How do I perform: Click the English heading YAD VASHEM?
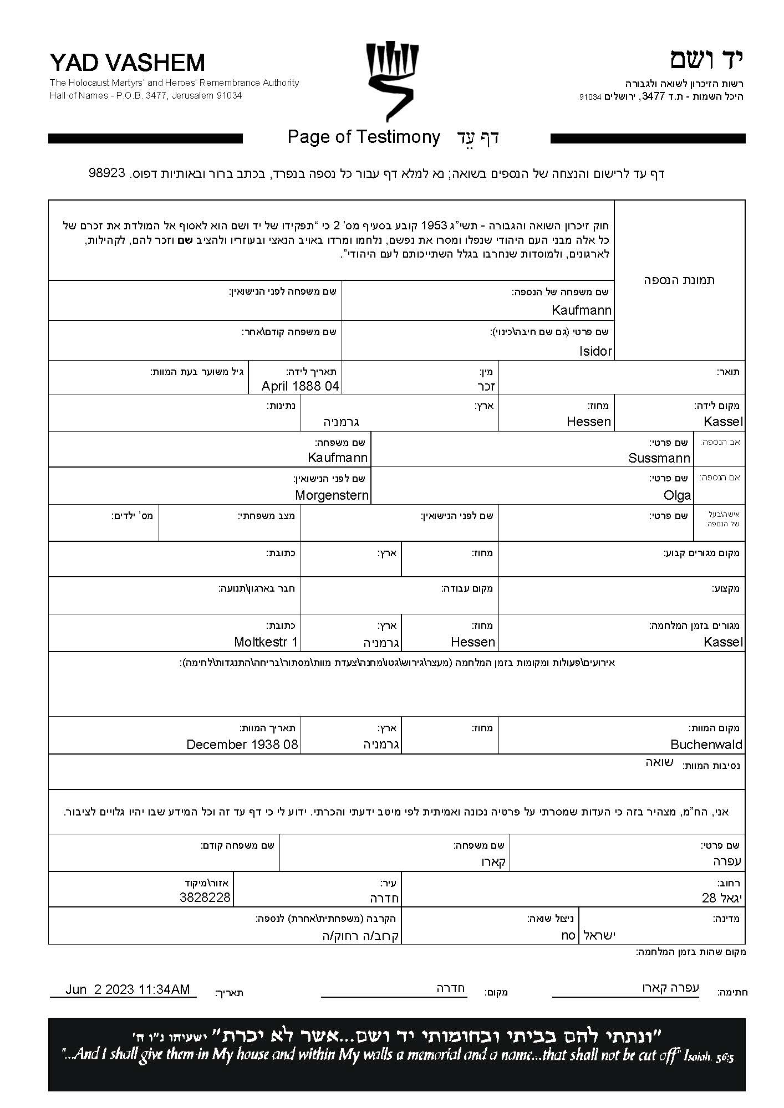[x=127, y=63]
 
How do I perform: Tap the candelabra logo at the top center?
[x=392, y=80]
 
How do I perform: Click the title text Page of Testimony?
[x=364, y=137]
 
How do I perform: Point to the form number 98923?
[x=106, y=173]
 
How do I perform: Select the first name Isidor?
[x=595, y=351]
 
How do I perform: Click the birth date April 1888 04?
[x=300, y=386]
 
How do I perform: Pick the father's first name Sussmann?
[x=659, y=458]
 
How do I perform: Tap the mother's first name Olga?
[x=677, y=495]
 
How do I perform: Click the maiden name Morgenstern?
[x=332, y=495]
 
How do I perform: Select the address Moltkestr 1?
[x=266, y=642]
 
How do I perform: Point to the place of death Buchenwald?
[x=706, y=745]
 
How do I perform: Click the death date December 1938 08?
[x=242, y=745]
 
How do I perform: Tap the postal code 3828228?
[x=205, y=897]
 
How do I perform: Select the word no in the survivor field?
[x=568, y=935]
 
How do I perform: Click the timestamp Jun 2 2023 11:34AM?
[x=128, y=989]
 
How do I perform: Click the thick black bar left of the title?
[x=145, y=138]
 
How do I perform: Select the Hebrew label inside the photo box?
[x=679, y=280]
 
